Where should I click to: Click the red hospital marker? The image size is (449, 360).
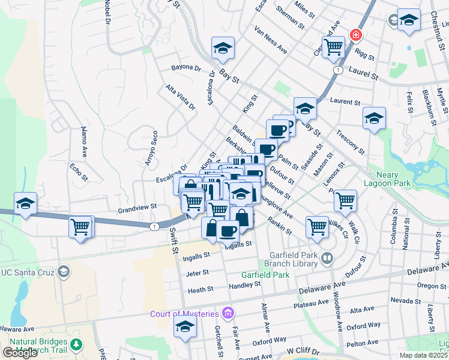356,36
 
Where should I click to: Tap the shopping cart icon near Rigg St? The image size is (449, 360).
333,46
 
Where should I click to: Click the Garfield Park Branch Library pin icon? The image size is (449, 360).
327,259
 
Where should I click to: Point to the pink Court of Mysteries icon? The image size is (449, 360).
228,313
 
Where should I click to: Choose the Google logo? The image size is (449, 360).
20,353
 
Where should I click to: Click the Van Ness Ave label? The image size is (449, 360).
271,40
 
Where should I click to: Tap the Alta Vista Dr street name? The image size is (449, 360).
181,97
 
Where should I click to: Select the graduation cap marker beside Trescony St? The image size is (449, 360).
374,118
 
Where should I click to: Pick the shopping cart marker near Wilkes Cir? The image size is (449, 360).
317,226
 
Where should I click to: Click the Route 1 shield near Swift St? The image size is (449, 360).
155,226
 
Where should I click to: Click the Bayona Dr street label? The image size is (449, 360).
185,68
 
